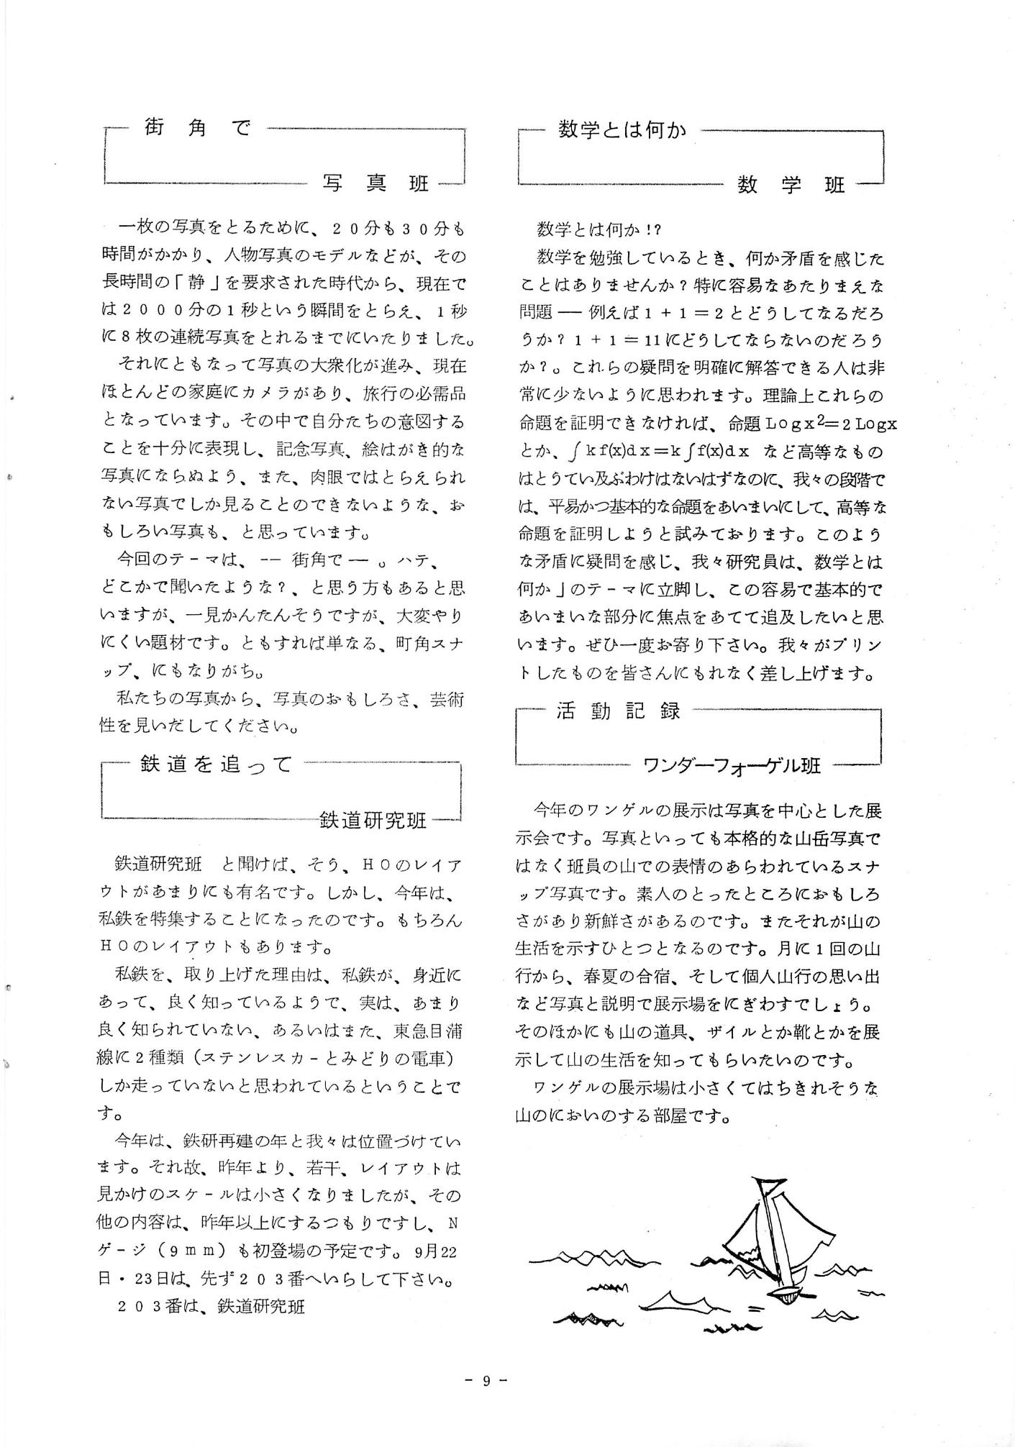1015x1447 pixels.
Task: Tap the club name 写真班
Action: [x=375, y=184]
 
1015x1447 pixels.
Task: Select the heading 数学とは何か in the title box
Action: [x=622, y=130]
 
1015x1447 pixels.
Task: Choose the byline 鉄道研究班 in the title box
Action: [x=373, y=820]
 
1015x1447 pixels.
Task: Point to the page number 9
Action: [x=486, y=1380]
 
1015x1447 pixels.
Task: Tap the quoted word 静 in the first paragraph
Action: [x=196, y=284]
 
